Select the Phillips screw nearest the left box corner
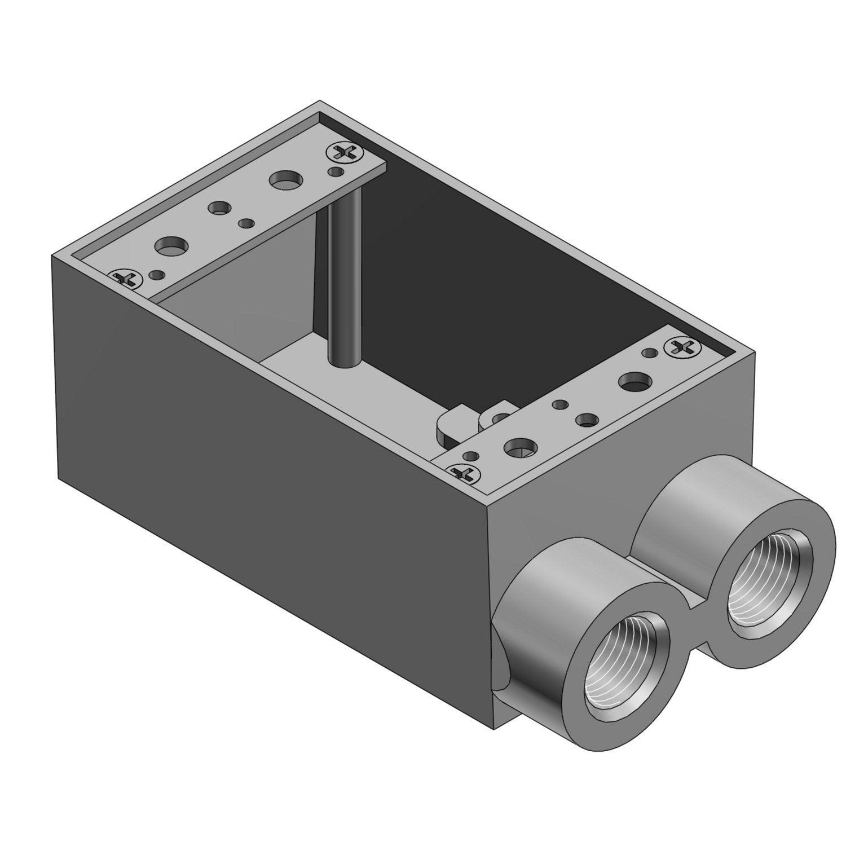point(124,277)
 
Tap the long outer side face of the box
point(254,429)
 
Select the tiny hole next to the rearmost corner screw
point(337,170)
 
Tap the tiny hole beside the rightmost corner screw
point(650,353)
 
